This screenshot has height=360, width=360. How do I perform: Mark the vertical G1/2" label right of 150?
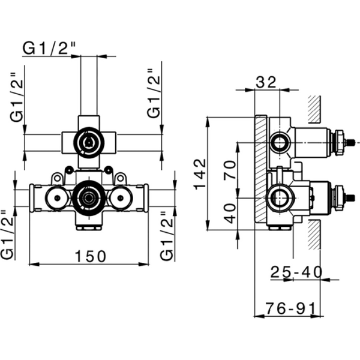point(169,234)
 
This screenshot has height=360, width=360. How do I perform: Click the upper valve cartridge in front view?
point(88,143)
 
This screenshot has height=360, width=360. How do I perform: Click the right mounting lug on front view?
point(121,178)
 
